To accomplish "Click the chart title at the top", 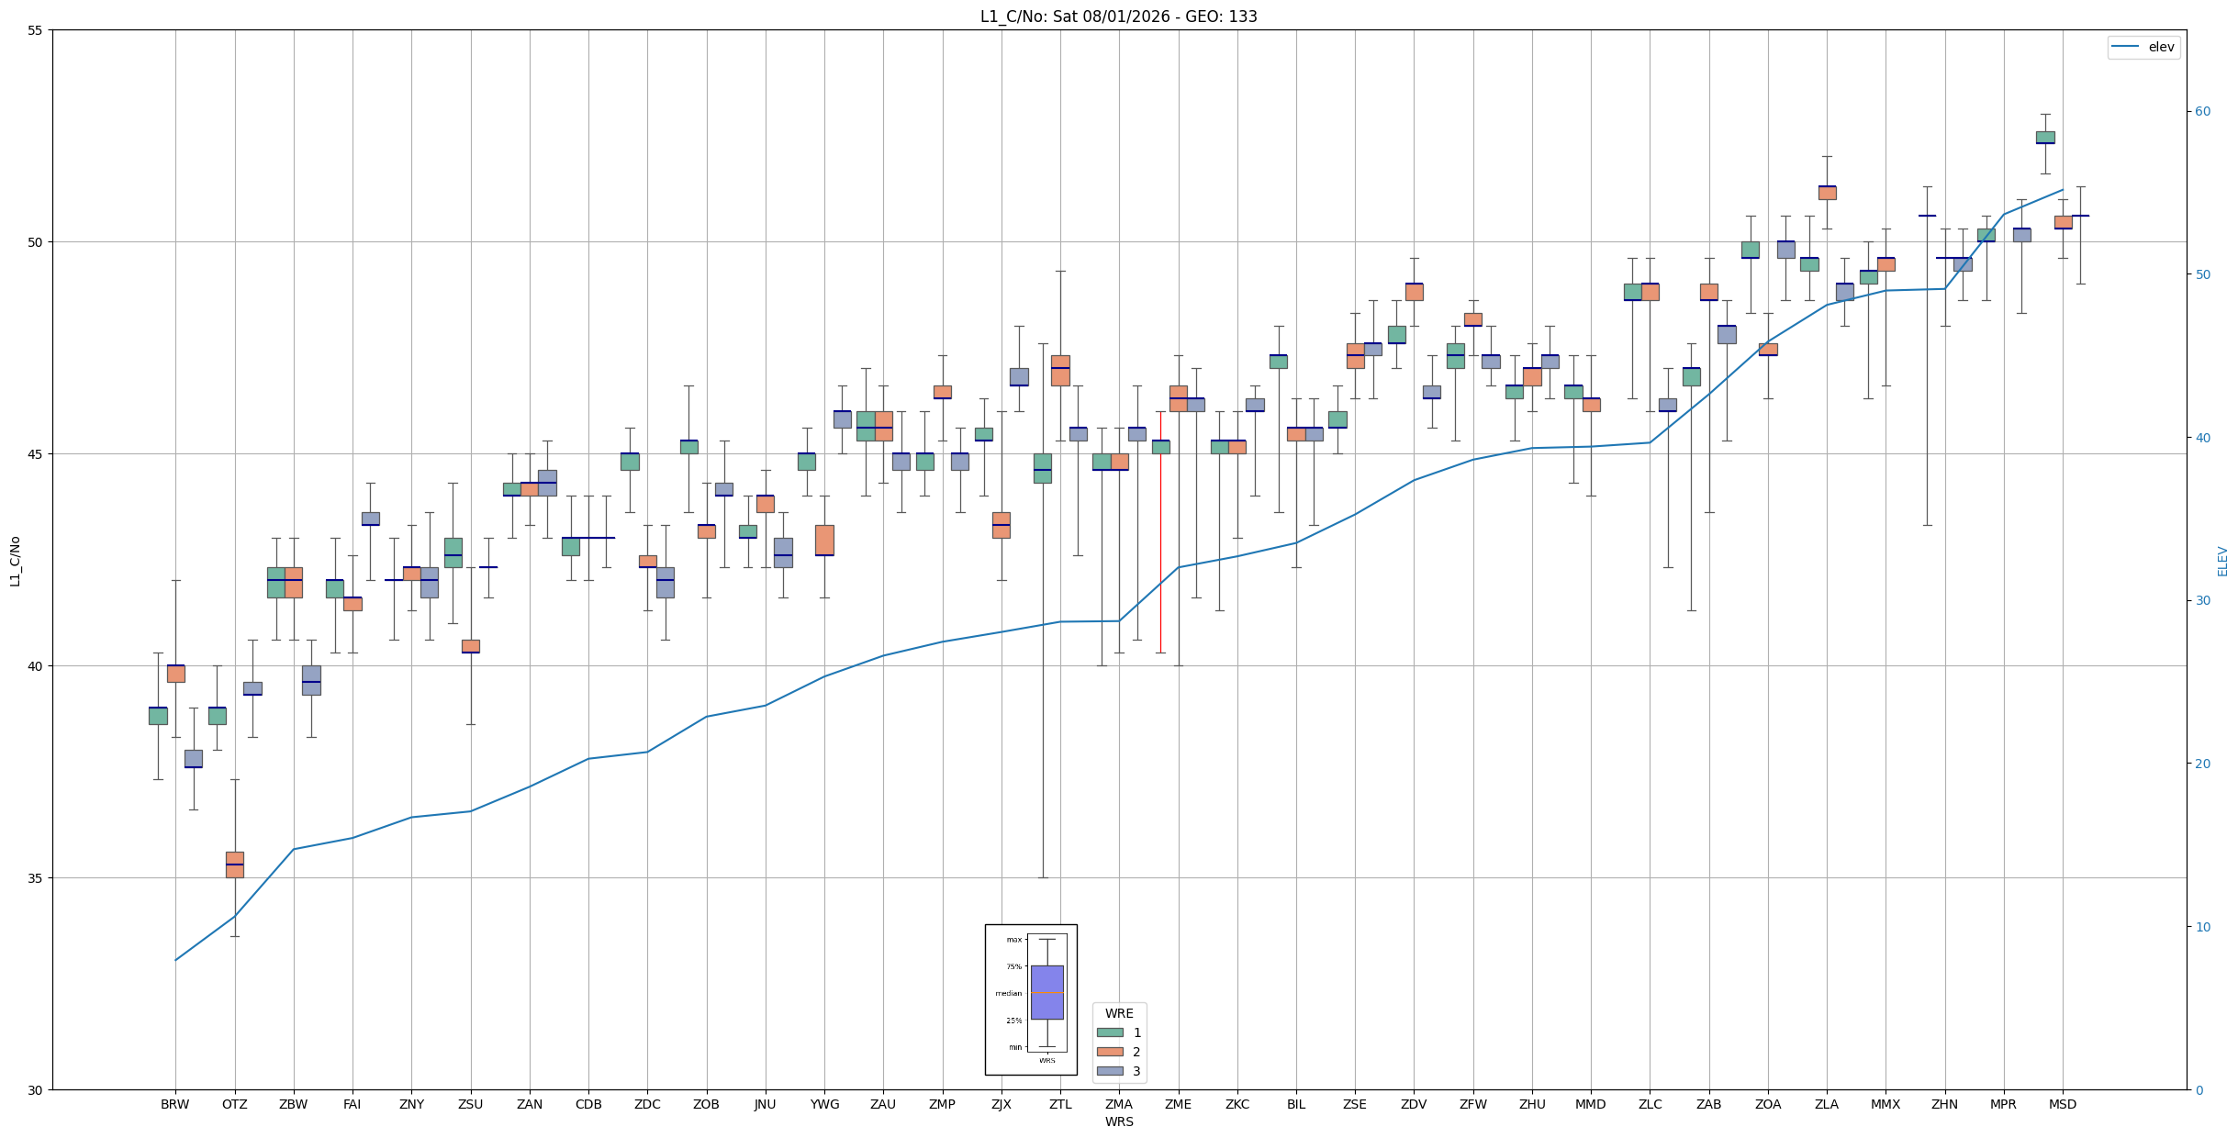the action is (x=1118, y=17).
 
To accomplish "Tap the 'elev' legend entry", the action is (x=2143, y=47).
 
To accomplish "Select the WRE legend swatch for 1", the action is (x=1110, y=1032).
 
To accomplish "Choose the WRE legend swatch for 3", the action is (x=1110, y=1071).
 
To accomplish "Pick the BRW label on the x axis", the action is (x=175, y=1104).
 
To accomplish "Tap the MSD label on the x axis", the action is (x=2063, y=1104).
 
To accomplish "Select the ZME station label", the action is (x=1178, y=1104).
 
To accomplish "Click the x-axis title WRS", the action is (x=1119, y=1121).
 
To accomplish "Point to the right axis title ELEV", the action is (x=2222, y=561).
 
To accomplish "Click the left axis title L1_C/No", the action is (x=15, y=561).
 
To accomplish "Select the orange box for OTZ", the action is (x=235, y=865).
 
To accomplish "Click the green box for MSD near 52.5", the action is (x=2045, y=138).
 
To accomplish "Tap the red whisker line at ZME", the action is (x=1160, y=531).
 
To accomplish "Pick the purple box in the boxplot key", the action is (x=1046, y=992).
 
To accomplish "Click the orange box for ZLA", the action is (x=1827, y=193).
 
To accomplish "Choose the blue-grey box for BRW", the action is (x=194, y=759).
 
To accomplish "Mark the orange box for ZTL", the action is (x=1060, y=371).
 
